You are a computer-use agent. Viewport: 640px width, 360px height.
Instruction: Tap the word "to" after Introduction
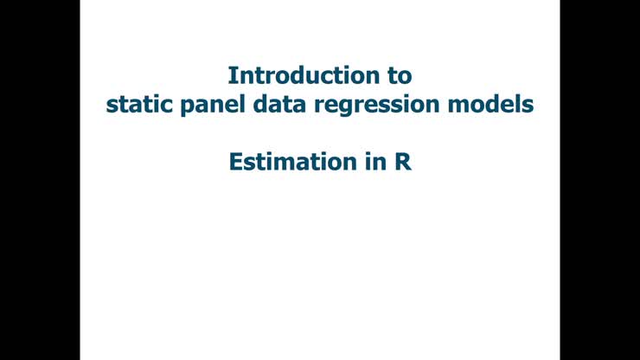click(x=399, y=74)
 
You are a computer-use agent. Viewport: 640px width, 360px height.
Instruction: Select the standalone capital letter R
click(x=403, y=161)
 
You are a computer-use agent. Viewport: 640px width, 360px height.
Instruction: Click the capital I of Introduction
click(x=231, y=74)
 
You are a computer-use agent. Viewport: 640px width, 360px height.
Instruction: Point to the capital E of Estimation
click(x=235, y=161)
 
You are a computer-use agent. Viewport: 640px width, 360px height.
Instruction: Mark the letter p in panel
click(x=180, y=108)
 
